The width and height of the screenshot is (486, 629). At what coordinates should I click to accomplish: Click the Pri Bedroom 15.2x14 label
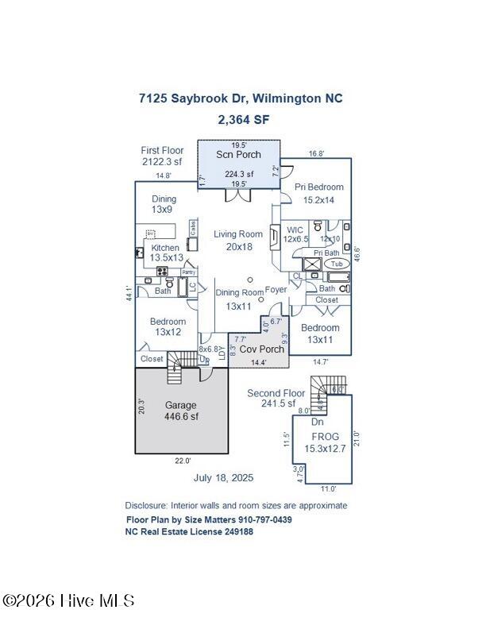click(319, 193)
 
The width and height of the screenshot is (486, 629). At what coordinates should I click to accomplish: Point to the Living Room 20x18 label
click(238, 240)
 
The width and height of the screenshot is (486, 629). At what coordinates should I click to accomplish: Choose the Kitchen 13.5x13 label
click(166, 253)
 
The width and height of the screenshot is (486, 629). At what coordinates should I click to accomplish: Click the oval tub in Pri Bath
click(337, 264)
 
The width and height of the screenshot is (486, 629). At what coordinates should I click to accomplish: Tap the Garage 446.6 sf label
click(181, 411)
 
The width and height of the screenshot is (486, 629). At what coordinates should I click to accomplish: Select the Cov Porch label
click(261, 349)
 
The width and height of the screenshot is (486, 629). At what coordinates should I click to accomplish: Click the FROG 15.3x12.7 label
click(325, 442)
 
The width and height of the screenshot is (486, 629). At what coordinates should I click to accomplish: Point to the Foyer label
click(276, 290)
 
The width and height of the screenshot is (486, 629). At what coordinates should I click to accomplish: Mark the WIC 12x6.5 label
click(295, 234)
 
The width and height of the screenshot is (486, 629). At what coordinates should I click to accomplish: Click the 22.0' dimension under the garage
click(183, 460)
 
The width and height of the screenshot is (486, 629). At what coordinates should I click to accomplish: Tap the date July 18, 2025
click(223, 477)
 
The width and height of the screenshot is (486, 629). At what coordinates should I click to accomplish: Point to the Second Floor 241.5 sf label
click(276, 398)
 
